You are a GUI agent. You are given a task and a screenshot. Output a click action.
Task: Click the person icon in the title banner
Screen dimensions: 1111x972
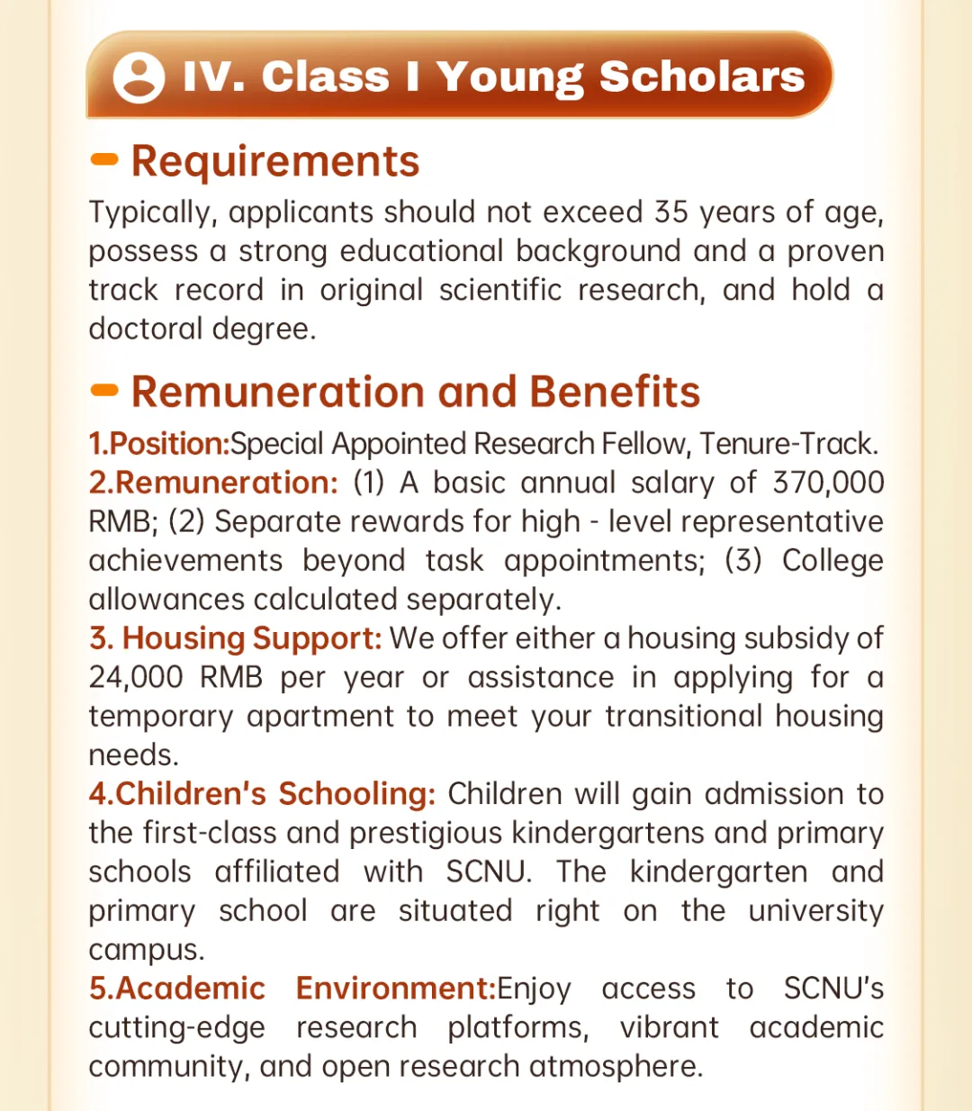[139, 77]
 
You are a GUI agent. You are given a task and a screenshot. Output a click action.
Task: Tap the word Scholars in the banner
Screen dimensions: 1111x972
[702, 77]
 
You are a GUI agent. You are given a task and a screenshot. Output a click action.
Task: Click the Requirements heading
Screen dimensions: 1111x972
[275, 162]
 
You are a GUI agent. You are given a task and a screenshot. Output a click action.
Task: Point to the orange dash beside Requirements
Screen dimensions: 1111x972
[104, 160]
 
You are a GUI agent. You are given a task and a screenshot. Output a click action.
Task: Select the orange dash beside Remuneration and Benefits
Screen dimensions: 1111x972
[104, 391]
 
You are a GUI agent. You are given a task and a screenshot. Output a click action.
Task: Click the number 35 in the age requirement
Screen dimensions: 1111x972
[671, 212]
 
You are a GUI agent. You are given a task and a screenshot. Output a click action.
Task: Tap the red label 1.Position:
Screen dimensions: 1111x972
[159, 444]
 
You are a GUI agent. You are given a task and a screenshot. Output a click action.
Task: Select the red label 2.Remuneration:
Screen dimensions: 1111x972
[213, 483]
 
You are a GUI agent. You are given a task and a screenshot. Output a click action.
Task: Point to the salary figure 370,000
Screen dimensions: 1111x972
[828, 483]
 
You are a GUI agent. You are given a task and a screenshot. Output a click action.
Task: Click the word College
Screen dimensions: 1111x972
[832, 560]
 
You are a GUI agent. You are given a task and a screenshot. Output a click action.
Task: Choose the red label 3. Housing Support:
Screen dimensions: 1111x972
[236, 638]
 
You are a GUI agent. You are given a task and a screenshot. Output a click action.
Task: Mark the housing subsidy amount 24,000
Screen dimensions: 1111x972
[136, 677]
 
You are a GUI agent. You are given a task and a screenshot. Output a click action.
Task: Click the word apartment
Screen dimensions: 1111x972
[320, 717]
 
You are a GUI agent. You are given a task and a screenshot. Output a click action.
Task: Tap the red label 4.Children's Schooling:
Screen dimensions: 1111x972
[262, 794]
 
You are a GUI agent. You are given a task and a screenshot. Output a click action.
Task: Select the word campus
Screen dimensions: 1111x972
[146, 951]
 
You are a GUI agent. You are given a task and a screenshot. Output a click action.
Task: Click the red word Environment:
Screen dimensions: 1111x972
[396, 989]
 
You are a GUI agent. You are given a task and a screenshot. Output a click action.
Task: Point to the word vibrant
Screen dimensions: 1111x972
[669, 1027]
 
